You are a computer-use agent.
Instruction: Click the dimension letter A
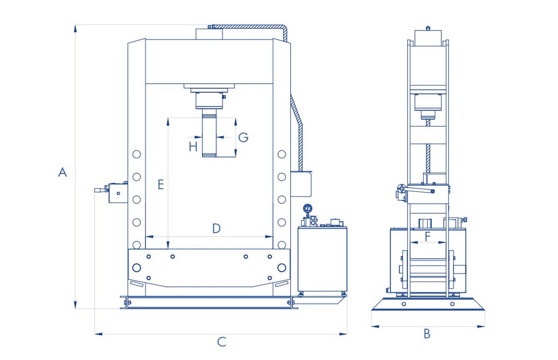(62, 172)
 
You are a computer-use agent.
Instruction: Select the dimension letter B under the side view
(427, 333)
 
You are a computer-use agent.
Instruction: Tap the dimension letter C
(221, 342)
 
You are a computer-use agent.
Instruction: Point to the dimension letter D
(216, 228)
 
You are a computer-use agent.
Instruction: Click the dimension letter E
(161, 184)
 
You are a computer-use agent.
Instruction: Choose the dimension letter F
(427, 237)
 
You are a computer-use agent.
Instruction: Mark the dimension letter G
(243, 137)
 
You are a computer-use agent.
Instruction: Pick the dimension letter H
(193, 147)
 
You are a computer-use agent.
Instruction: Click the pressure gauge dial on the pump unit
(308, 208)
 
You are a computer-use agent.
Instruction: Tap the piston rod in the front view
(209, 133)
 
